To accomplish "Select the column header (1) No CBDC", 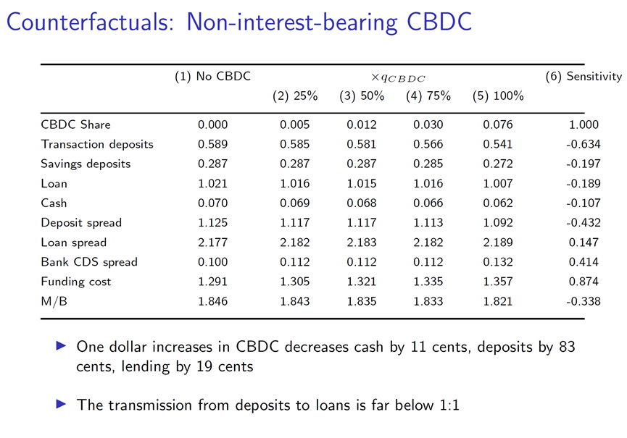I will tap(212, 76).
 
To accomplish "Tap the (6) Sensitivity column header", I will tap(584, 76).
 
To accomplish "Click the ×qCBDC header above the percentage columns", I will tap(398, 77).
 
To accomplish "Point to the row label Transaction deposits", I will tap(97, 144).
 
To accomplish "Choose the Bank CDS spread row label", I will tap(89, 261).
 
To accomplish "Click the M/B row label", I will tap(53, 300).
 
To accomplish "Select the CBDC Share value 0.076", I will tap(497, 125).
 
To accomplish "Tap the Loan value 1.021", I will tap(212, 183).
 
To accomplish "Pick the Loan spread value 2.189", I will tap(497, 242).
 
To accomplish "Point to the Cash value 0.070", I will tap(212, 203).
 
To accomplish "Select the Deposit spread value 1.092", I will tap(497, 222).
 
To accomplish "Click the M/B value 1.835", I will tap(361, 300).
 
